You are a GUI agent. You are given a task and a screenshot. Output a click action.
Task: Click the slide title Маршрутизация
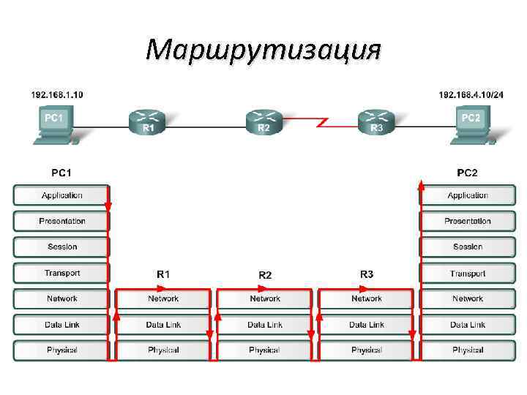coord(263,50)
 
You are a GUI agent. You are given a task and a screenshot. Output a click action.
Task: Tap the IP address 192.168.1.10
coord(56,94)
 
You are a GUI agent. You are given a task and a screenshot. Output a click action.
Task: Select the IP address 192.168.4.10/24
coord(471,94)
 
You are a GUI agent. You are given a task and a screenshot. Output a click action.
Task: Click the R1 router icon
coord(147,121)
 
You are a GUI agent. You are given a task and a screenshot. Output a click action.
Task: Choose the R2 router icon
coord(263,122)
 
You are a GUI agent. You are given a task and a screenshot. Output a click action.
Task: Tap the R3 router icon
coord(376,121)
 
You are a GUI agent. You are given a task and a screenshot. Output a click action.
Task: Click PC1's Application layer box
coord(61,195)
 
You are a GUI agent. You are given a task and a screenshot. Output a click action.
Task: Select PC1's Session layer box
coord(61,247)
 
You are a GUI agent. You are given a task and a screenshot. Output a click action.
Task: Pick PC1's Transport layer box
coord(61,273)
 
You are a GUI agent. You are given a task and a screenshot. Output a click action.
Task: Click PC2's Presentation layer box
coord(467,221)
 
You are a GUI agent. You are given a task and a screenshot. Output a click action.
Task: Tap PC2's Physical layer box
coord(467,350)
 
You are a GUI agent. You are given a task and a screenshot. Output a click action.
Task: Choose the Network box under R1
coord(163,298)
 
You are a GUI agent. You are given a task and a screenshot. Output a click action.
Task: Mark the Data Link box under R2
coord(264,324)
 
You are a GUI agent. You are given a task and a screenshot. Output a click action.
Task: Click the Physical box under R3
coord(366,350)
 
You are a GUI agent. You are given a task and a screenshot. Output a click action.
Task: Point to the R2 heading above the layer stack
coord(265,275)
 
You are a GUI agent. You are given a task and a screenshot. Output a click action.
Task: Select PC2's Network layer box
coord(467,298)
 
